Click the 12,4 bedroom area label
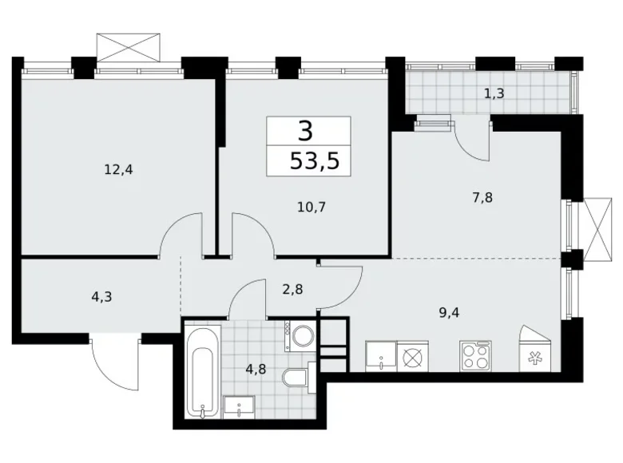coord(117,169)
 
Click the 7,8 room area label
coord(482,196)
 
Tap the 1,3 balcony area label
coord(494,93)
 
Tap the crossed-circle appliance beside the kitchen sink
coord(415,356)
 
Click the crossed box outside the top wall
coord(128,46)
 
